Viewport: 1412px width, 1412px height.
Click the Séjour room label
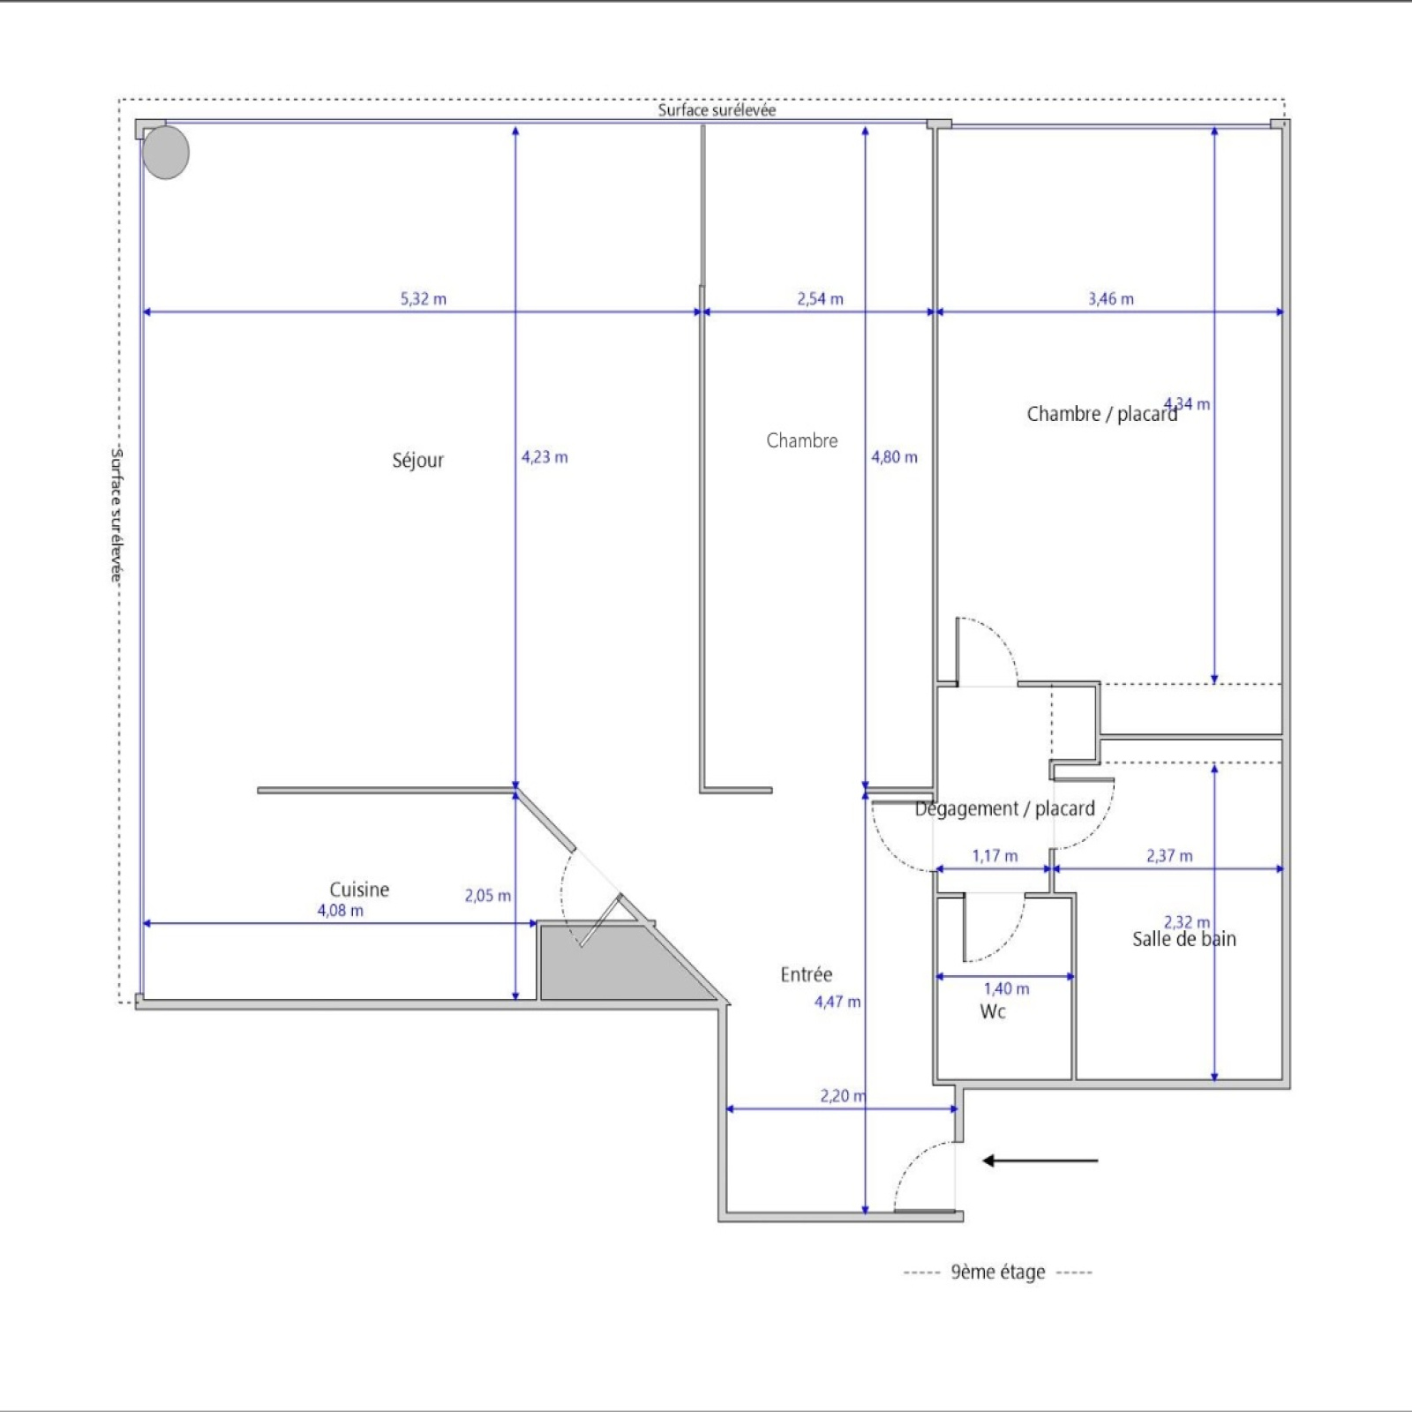pos(417,460)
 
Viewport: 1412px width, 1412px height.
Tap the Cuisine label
pos(359,890)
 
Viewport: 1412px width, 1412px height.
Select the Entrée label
pos(806,974)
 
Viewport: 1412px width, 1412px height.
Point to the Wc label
pos(993,1011)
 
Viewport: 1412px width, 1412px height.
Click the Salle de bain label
pos(1184,939)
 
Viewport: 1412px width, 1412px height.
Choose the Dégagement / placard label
pos(1004,808)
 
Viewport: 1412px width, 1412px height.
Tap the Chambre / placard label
pos(1102,414)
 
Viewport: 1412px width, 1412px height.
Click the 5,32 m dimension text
pos(424,299)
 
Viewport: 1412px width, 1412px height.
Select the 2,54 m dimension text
pos(820,299)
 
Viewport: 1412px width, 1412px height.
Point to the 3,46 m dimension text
pos(1111,299)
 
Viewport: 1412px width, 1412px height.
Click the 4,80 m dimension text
pos(894,457)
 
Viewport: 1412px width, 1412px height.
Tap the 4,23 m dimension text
pos(545,457)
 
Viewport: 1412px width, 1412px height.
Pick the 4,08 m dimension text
pos(341,911)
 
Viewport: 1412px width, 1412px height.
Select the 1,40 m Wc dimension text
pos(1007,989)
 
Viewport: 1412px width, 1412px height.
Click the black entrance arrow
pos(1040,1160)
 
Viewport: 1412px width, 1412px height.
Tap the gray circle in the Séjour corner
pos(165,152)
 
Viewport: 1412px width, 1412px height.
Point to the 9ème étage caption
pos(998,1272)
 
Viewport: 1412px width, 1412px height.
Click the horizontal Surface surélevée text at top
pos(717,110)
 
